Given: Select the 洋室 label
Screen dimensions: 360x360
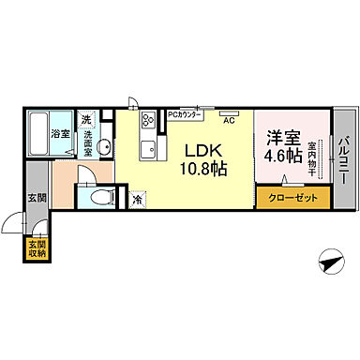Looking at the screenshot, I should [x=281, y=136].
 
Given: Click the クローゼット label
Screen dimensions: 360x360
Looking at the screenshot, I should [x=292, y=198].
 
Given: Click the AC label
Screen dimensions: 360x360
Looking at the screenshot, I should [x=228, y=120].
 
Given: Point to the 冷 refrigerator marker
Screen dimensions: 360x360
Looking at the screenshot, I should [x=138, y=199].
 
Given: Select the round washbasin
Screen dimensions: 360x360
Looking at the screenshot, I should [x=106, y=146].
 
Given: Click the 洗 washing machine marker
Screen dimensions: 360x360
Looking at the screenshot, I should [x=86, y=120].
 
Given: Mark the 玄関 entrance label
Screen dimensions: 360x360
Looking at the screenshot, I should [x=36, y=197].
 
